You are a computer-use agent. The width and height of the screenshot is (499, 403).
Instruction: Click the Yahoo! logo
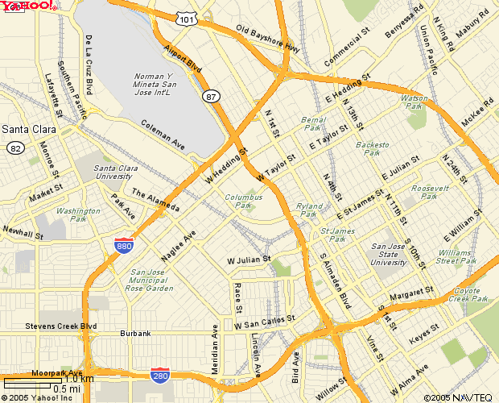pos(28,6)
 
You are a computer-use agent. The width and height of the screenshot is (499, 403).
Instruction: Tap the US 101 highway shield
pos(187,18)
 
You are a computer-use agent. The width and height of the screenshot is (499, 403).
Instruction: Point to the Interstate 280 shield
pos(160,375)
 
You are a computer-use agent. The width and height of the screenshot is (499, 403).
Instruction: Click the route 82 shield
pos(14,147)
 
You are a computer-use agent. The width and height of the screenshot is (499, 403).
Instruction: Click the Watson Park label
pos(411,102)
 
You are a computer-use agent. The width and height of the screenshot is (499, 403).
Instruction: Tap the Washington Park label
pos(79,215)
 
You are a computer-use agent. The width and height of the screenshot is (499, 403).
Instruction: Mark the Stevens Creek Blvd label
pos(61,326)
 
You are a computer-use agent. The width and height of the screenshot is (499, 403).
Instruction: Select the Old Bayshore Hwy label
pos(268,39)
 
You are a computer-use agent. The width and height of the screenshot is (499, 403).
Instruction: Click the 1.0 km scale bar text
pos(80,379)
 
